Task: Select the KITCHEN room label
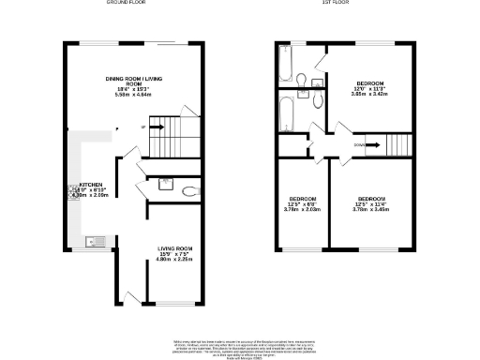pos(90,186)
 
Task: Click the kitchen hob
pos(70,190)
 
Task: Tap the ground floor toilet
pos(189,191)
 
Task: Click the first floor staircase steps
pos(395,145)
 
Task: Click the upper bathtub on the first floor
pos(286,63)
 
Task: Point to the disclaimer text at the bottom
pos(240,344)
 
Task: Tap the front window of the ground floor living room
pos(170,304)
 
